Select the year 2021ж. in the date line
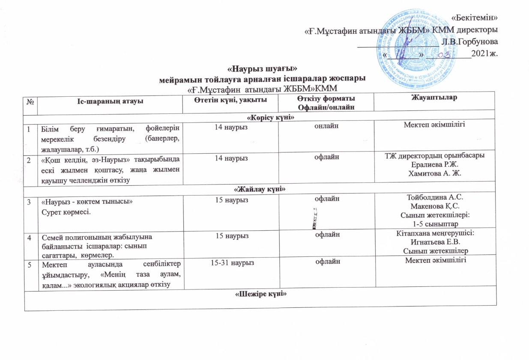coord(484,54)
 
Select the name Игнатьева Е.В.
coord(435,242)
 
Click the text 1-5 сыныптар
coord(435,224)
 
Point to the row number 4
coord(30,235)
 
